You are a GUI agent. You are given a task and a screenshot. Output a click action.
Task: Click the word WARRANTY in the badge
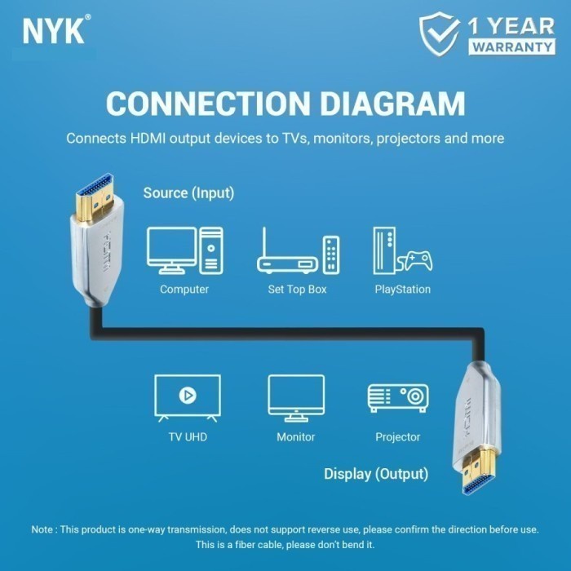(x=511, y=46)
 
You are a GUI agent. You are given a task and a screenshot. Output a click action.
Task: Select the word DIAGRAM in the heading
(x=388, y=104)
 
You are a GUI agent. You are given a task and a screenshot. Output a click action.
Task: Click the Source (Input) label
(x=188, y=193)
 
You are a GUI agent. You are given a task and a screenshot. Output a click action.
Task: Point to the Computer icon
(x=184, y=250)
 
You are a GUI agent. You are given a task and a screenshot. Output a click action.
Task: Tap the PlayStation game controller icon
(x=414, y=261)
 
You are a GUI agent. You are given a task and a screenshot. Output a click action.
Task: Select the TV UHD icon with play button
(x=188, y=397)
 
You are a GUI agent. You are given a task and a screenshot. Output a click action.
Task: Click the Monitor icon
(x=296, y=397)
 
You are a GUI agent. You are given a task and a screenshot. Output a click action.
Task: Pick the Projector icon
(x=398, y=398)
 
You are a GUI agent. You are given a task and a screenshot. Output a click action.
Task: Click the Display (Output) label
(x=375, y=474)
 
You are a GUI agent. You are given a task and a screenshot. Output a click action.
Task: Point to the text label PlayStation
(x=402, y=290)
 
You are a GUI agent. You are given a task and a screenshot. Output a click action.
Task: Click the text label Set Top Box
(x=297, y=290)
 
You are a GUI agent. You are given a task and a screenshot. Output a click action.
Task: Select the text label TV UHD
(x=188, y=437)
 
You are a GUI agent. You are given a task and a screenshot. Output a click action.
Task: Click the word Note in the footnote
(x=42, y=529)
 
